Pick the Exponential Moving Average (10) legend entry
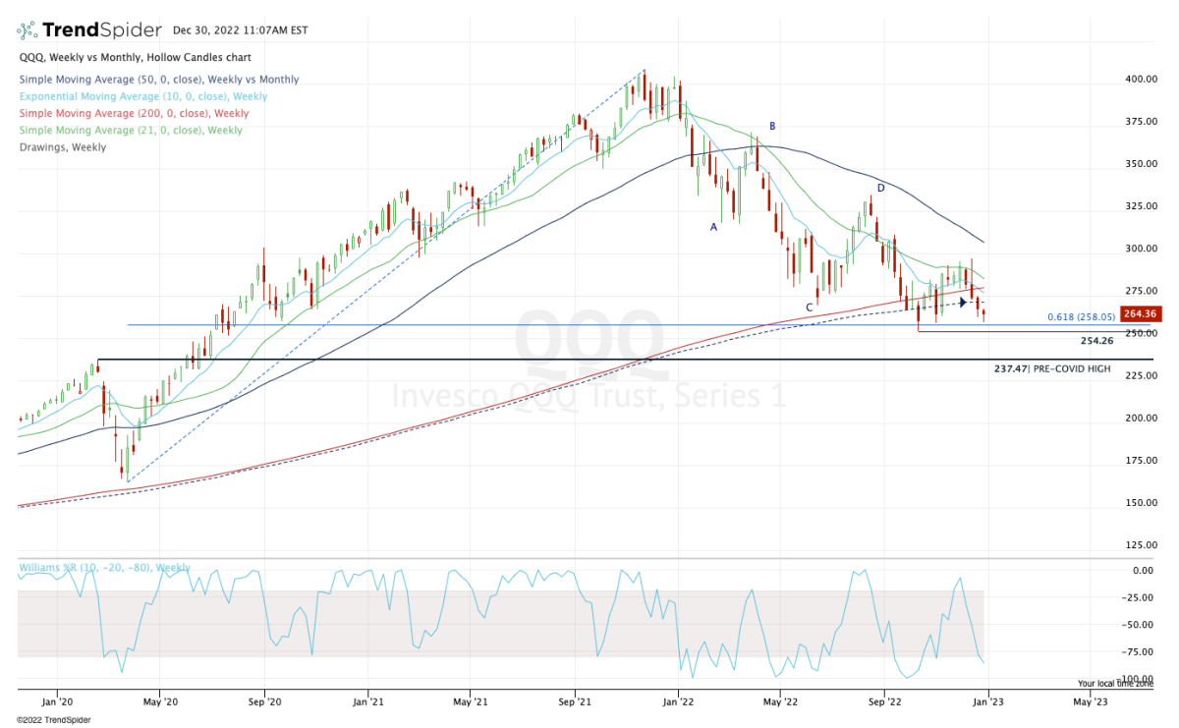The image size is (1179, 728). [x=141, y=96]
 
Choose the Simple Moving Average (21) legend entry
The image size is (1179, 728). [x=130, y=130]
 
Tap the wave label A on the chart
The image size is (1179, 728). [x=714, y=227]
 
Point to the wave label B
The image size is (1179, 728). [x=772, y=126]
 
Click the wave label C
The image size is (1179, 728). [x=810, y=308]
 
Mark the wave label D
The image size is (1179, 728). [x=880, y=188]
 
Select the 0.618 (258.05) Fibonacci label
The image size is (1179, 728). [x=1082, y=317]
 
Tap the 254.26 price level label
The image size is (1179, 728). [x=1095, y=341]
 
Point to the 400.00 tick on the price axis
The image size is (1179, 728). [x=1138, y=79]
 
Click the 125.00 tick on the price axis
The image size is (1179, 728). [x=1138, y=545]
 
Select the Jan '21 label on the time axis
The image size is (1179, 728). [x=367, y=702]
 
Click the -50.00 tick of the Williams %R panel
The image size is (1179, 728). [x=1138, y=624]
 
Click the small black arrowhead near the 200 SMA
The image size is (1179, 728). [x=963, y=301]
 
